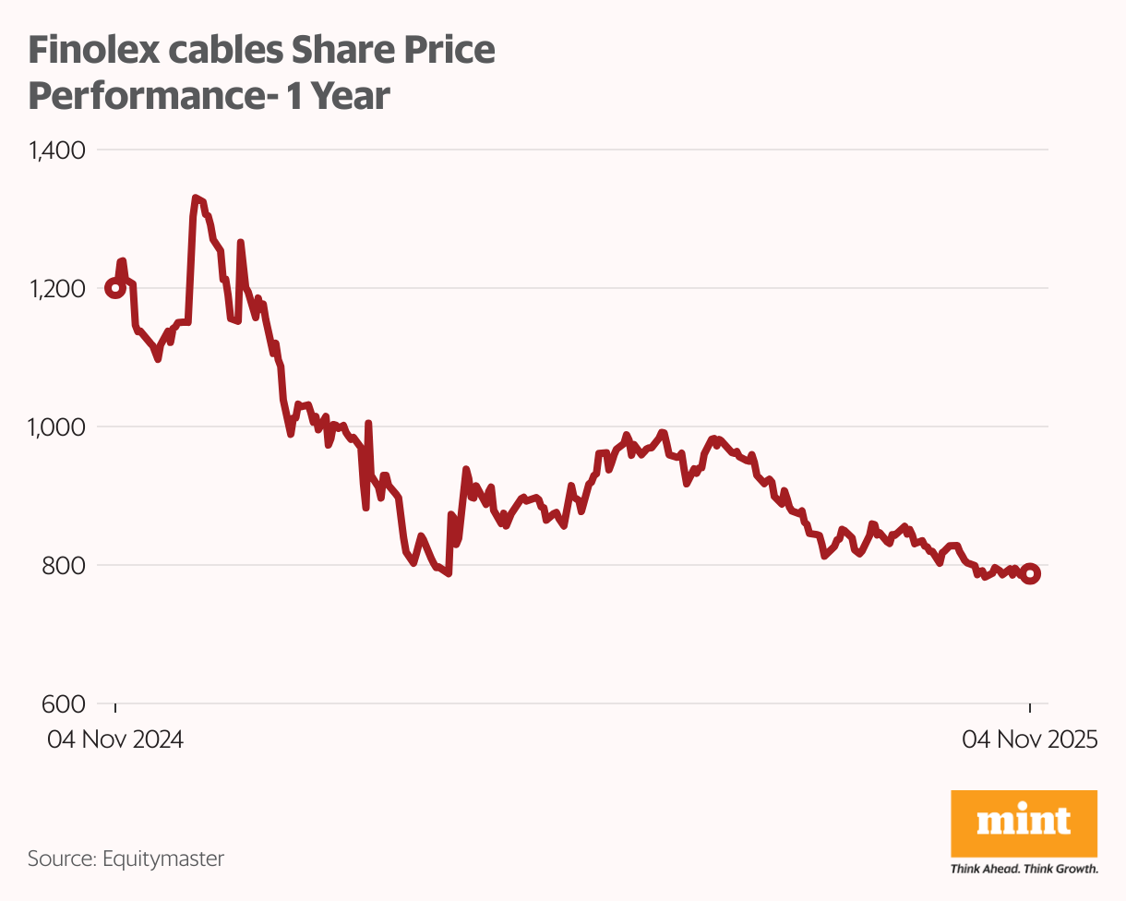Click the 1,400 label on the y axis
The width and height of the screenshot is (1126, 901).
coord(57,150)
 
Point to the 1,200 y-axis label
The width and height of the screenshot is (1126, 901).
coord(57,288)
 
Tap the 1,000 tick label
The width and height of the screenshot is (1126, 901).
coord(57,426)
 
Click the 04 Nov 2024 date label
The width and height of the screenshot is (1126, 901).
coord(115,740)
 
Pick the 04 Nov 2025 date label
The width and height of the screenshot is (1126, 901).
coord(1029,740)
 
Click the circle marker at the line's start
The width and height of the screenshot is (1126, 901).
coord(115,288)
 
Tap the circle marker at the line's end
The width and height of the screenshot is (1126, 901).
coord(1030,573)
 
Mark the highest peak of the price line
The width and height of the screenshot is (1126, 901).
coord(195,198)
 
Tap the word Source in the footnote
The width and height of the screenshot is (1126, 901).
coord(59,859)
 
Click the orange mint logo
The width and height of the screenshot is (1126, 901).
coord(1024,822)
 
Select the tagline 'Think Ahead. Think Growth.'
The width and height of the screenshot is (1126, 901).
coord(1024,869)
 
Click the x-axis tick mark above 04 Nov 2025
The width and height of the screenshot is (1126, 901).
coord(1030,708)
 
